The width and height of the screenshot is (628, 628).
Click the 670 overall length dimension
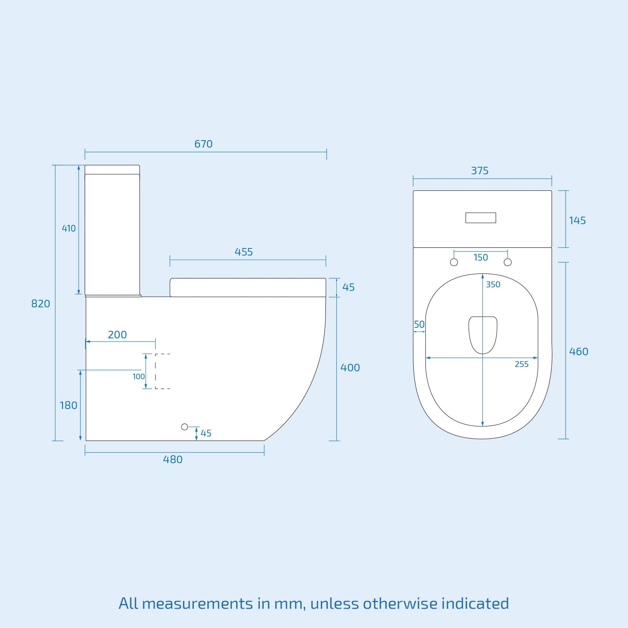click(x=203, y=144)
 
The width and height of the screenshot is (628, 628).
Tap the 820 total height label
click(x=40, y=303)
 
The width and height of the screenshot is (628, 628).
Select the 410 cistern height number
click(x=69, y=228)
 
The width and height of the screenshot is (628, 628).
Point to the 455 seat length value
click(x=244, y=252)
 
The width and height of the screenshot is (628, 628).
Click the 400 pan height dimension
click(x=350, y=368)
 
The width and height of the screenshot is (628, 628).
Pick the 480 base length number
click(x=173, y=460)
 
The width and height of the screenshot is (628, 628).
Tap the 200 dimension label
click(x=117, y=335)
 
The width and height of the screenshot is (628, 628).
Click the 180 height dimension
click(x=68, y=405)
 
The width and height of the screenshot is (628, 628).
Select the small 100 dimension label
click(x=139, y=376)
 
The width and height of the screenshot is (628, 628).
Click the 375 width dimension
click(x=480, y=171)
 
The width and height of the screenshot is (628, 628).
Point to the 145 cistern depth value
click(x=577, y=221)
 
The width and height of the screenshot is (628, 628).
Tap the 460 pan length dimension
click(x=579, y=352)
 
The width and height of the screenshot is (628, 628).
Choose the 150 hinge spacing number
click(x=480, y=257)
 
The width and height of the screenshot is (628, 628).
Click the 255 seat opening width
click(x=521, y=364)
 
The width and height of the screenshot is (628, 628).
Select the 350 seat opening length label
click(x=493, y=285)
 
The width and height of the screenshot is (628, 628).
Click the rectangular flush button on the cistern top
click(x=480, y=217)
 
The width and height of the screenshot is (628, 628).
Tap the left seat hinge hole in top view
click(x=454, y=262)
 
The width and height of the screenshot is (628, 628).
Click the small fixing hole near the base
click(x=184, y=427)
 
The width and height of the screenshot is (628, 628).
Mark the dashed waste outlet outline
click(x=162, y=371)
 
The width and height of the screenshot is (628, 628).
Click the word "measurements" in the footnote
click(x=197, y=603)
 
